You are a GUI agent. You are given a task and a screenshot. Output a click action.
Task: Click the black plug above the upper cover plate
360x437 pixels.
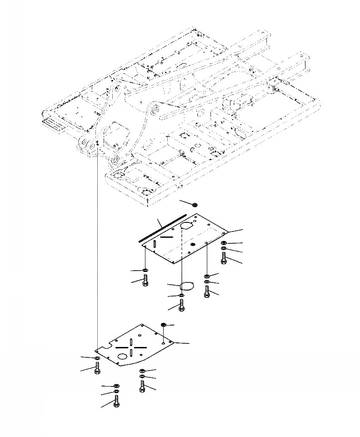pyautogui.click(x=194, y=205)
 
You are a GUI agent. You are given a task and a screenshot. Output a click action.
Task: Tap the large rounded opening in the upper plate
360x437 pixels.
pyautogui.click(x=187, y=226)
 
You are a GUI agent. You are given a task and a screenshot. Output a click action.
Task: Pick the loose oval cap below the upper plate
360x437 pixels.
pyautogui.click(x=187, y=286)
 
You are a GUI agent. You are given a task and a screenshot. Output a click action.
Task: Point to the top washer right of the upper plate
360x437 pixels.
pyautogui.click(x=224, y=243)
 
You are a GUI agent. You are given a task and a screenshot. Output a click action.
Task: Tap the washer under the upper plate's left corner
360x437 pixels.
pyautogui.click(x=145, y=271)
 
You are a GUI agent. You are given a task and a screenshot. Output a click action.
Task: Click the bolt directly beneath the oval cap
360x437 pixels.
pyautogui.click(x=182, y=306)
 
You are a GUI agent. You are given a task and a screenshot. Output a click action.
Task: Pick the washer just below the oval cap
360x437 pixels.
pyautogui.click(x=182, y=296)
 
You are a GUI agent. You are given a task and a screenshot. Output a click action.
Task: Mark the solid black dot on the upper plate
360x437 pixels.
pyautogui.click(x=193, y=245)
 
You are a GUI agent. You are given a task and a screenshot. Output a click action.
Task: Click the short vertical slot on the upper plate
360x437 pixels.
pyautogui.click(x=155, y=244)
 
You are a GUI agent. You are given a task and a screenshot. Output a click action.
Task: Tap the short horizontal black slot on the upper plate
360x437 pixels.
pyautogui.click(x=166, y=237)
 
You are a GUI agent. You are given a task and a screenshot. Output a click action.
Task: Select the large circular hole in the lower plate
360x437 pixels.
pyautogui.click(x=121, y=357)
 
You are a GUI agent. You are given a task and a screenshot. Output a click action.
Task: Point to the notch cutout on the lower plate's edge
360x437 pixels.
pyautogui.click(x=106, y=348)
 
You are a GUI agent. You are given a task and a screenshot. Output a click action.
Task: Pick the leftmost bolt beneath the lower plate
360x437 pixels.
pyautogui.click(x=97, y=369)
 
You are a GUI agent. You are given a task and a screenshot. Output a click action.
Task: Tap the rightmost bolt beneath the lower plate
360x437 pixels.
pyautogui.click(x=142, y=387)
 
